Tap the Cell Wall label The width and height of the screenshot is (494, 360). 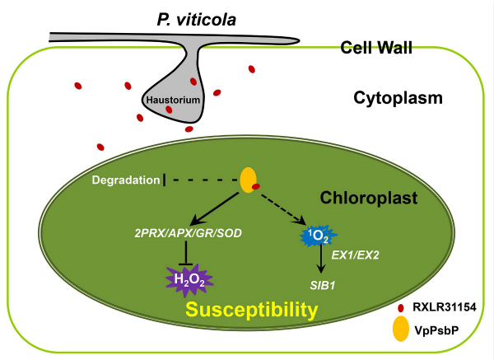tap(376, 49)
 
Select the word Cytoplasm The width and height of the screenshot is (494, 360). tap(398, 98)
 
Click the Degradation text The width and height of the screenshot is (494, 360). tap(124, 179)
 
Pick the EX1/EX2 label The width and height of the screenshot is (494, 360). tap(354, 256)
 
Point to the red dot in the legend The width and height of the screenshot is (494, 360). tap(401, 308)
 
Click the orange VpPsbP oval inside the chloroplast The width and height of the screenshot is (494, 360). tap(247, 178)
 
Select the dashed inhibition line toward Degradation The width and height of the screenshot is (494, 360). tap(202, 179)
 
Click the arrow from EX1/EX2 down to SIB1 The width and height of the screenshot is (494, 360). tap(319, 264)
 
